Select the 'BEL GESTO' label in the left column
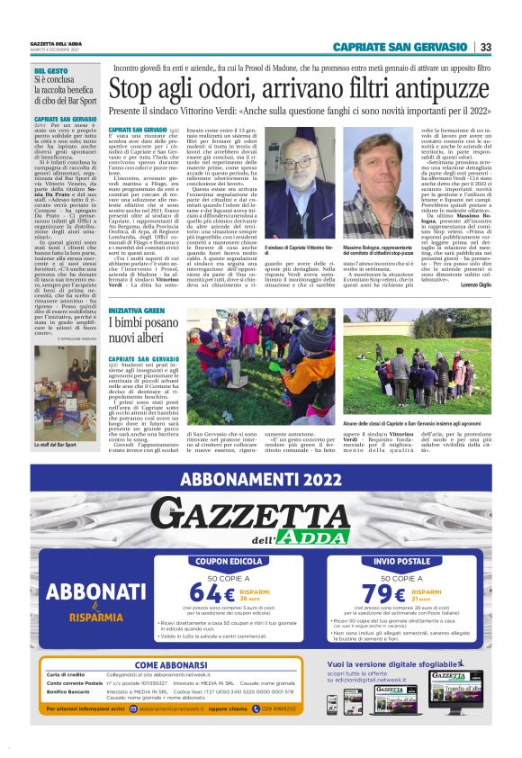pyautogui.click(x=49, y=70)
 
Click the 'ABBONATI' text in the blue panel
pyautogui.click(x=88, y=591)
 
